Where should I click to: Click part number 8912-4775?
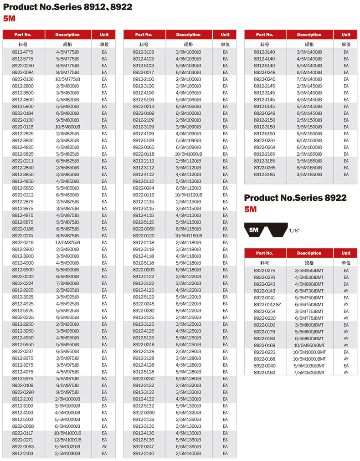pyautogui.click(x=23, y=52)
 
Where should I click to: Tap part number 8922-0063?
pyautogui.click(x=23, y=447)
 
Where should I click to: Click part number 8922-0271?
pyautogui.click(x=23, y=440)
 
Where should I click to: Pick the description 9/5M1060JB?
pyautogui.click(x=188, y=113)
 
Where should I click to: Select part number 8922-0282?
pyautogui.click(x=144, y=311)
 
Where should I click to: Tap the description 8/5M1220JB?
pyautogui.click(x=188, y=311)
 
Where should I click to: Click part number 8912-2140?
pyautogui.click(x=144, y=454)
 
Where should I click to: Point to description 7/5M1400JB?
pyautogui.click(x=309, y=79)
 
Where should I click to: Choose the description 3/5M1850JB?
pyautogui.click(x=309, y=174)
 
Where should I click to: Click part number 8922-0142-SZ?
pyautogui.click(x=264, y=305)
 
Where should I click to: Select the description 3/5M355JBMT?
pyautogui.click(x=309, y=271)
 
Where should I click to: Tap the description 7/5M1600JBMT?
pyautogui.click(x=309, y=373)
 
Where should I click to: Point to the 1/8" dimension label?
pyautogui.click(x=294, y=231)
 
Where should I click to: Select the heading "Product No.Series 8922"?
pyautogui.click(x=295, y=198)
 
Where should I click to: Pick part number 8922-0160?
pyautogui.click(x=264, y=373)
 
